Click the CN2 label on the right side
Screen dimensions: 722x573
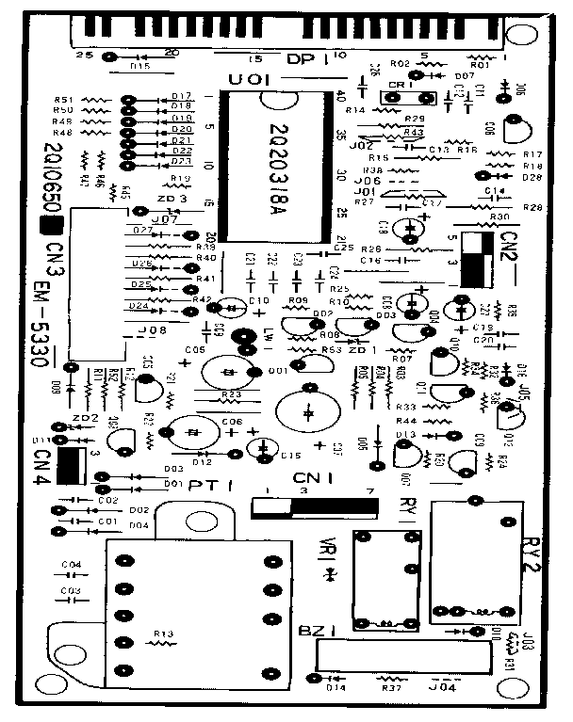[x=510, y=249]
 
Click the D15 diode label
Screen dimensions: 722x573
[x=139, y=67]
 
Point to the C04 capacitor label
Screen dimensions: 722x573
[x=71, y=565]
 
